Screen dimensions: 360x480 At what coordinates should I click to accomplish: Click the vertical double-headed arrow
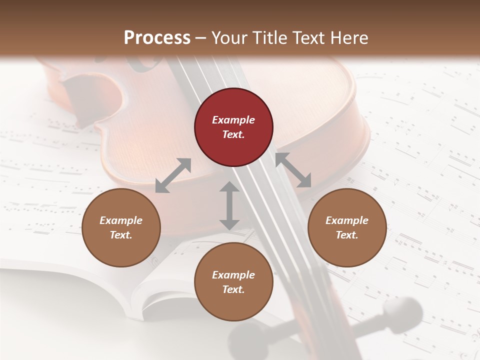[x=229, y=205]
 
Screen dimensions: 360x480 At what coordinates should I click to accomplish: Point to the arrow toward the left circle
[x=173, y=175]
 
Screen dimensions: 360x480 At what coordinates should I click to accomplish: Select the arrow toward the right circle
[x=293, y=170]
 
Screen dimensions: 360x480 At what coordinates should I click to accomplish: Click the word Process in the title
[x=157, y=37]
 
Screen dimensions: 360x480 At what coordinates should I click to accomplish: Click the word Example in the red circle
[x=233, y=120]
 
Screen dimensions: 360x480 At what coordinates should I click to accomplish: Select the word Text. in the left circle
[x=121, y=235]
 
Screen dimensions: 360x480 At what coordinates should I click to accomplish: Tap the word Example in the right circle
[x=347, y=220]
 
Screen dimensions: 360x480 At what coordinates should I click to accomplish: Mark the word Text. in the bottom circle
[x=233, y=289]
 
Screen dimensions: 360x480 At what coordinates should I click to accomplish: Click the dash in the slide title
[x=201, y=37]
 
